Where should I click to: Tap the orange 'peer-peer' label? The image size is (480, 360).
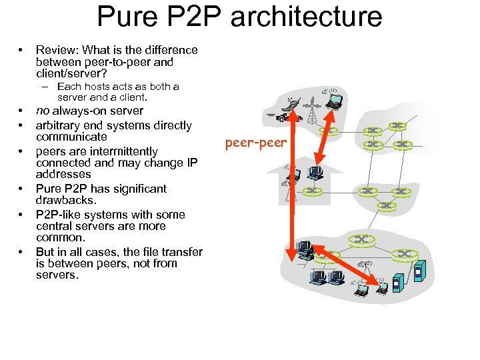[x=255, y=143]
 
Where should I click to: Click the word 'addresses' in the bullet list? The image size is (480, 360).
[x=63, y=175]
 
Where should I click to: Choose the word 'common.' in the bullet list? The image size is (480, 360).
[x=61, y=237]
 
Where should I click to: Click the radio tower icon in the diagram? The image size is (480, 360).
[x=311, y=110]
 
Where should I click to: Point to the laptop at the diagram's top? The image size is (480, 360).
[x=333, y=101]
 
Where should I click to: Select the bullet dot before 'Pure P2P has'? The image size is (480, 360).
[x=22, y=189]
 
